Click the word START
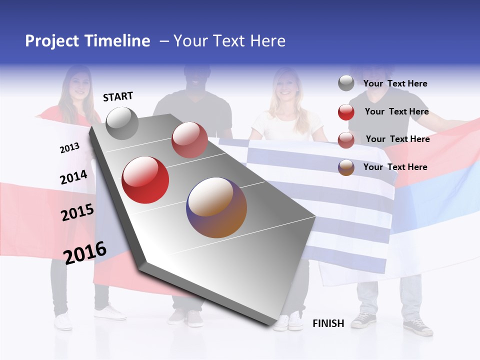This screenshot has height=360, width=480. (x=118, y=96)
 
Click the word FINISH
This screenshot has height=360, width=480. (x=328, y=323)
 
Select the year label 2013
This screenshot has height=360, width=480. (x=69, y=148)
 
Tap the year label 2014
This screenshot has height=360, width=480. (x=73, y=177)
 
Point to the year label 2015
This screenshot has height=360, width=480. (x=77, y=213)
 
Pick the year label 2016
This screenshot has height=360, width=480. (x=85, y=252)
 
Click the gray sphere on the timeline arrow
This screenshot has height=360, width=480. (x=122, y=123)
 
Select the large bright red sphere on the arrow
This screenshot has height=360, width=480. (x=145, y=180)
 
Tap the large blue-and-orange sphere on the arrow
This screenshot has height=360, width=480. (x=217, y=207)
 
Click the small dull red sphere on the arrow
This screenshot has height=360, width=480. (x=189, y=140)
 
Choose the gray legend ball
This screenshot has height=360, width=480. (x=346, y=83)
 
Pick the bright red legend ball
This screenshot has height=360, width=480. (x=346, y=112)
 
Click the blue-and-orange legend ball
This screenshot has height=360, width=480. (x=346, y=167)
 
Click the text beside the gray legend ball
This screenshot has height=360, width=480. (x=395, y=83)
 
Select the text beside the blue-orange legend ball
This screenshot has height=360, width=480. (x=395, y=167)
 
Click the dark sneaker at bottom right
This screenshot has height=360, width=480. (x=418, y=327)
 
